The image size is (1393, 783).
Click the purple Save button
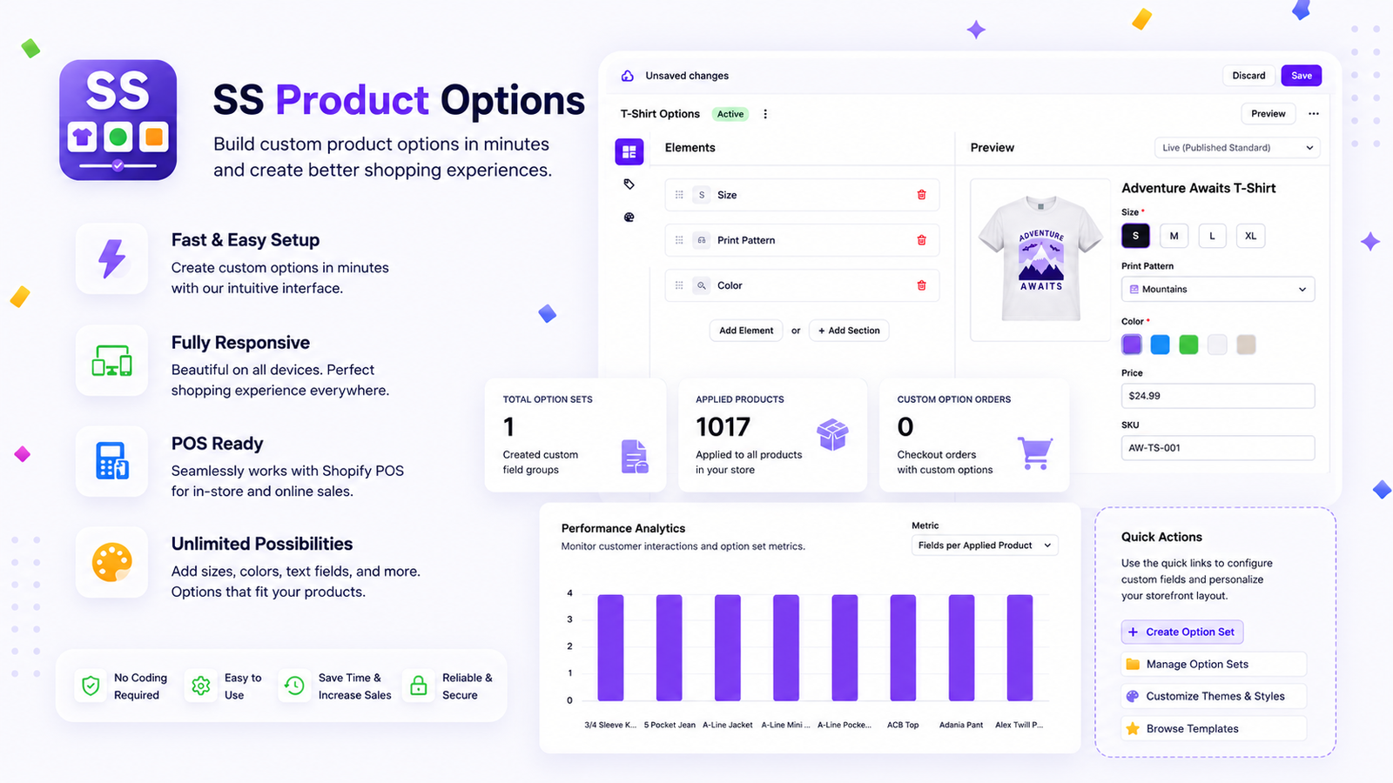pyautogui.click(x=1301, y=76)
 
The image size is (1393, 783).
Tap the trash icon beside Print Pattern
pyautogui.click(x=922, y=240)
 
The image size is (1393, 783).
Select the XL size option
pyautogui.click(x=1250, y=236)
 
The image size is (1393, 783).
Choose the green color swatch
pyautogui.click(x=1188, y=345)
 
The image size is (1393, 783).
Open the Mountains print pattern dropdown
pyautogui.click(x=1218, y=289)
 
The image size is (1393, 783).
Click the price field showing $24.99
pyautogui.click(x=1218, y=396)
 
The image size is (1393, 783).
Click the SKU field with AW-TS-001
pyautogui.click(x=1218, y=447)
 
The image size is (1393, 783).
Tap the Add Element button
pyautogui.click(x=746, y=331)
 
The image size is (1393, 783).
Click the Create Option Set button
pyautogui.click(x=1182, y=632)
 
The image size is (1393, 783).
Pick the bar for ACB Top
pyautogui.click(x=903, y=647)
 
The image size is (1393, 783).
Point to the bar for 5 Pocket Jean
pyautogui.click(x=670, y=647)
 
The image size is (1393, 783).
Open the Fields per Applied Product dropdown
pyautogui.click(x=985, y=545)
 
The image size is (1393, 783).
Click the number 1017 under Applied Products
pyautogui.click(x=723, y=427)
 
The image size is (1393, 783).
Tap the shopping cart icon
pyautogui.click(x=1035, y=453)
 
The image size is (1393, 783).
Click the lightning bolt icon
pyautogui.click(x=112, y=258)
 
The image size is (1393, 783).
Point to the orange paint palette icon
pyautogui.click(x=112, y=562)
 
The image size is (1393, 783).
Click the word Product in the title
pyautogui.click(x=352, y=100)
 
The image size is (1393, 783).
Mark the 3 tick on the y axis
pyautogui.click(x=569, y=619)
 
